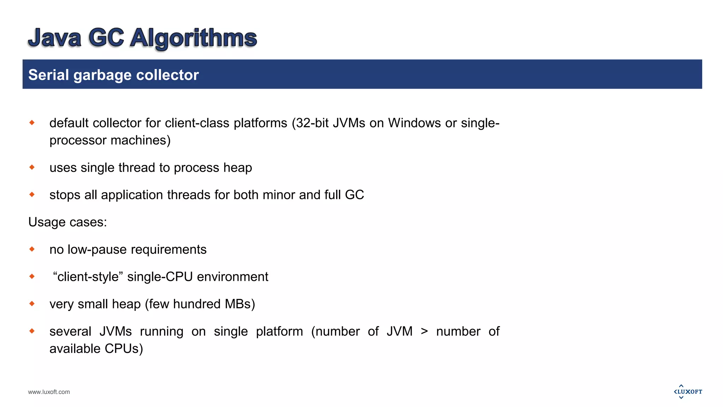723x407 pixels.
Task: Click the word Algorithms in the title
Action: (x=193, y=38)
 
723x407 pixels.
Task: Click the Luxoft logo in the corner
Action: (x=688, y=391)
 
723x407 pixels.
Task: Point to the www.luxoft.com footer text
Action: (x=49, y=392)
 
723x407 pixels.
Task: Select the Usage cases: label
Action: (x=67, y=222)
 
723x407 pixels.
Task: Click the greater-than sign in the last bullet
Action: (x=424, y=331)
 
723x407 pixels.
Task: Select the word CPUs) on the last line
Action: (x=124, y=349)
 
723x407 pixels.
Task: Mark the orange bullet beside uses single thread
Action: (x=32, y=167)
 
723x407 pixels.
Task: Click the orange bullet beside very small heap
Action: (x=32, y=303)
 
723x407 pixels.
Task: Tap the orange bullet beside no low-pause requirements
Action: (x=32, y=249)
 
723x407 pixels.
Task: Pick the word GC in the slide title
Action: (x=106, y=38)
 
